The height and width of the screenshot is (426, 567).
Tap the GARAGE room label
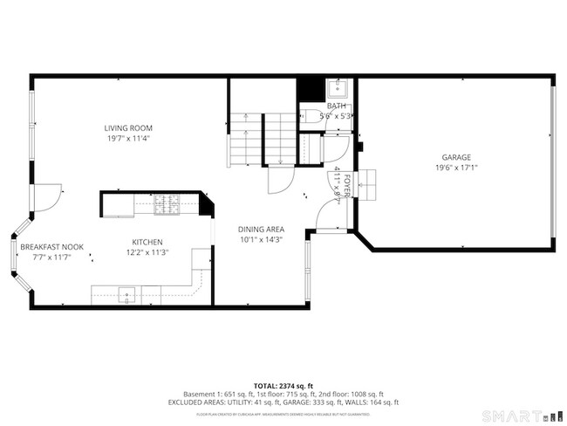coord(456,157)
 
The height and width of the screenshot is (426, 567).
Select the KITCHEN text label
coord(147,242)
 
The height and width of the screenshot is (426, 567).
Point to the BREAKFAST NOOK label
coord(52,247)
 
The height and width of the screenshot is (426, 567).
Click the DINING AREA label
coord(262,230)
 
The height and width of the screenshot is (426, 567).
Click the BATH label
coord(336,106)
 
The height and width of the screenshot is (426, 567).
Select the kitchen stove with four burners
coord(166,204)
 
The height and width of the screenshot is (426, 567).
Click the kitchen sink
coord(127,294)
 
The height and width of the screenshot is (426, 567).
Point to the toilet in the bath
coord(311,115)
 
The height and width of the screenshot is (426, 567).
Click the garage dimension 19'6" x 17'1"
coord(456,168)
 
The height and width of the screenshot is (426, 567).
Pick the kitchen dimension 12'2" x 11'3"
coord(147,252)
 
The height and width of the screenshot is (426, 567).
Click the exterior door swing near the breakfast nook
coord(50,197)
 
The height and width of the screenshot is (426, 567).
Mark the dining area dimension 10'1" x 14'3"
coord(262,240)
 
